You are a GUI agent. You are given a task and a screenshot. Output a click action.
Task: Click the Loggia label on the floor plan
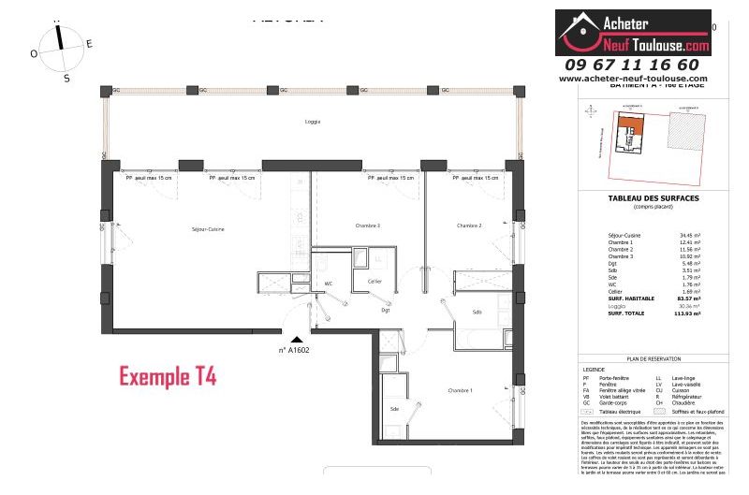point(313,122)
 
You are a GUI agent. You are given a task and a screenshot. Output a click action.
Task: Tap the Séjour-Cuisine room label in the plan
point(208,228)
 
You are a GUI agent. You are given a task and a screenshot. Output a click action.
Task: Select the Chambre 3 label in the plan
point(367,226)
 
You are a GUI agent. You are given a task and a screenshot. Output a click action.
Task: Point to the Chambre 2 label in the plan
point(469,226)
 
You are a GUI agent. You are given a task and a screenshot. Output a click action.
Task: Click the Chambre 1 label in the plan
point(460,390)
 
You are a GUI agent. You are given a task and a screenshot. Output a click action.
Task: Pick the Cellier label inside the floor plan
point(374,281)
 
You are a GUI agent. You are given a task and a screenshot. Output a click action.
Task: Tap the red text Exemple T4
point(168,377)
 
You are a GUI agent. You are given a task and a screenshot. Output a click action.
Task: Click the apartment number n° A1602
point(294,350)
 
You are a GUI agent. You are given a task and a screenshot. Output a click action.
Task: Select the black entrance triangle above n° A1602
point(296,340)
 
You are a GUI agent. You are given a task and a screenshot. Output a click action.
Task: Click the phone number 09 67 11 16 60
point(632,65)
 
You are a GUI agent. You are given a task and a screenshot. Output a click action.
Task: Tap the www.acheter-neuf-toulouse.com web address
point(633,79)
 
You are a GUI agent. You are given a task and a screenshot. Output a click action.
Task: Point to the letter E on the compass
point(90,44)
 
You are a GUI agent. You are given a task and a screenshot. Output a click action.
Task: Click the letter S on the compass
point(66,79)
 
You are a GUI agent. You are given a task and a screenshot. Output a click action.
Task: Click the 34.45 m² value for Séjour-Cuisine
point(691,235)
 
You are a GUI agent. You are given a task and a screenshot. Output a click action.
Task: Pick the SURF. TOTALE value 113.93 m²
point(690,313)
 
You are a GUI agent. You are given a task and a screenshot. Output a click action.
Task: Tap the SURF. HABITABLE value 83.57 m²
point(691,298)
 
